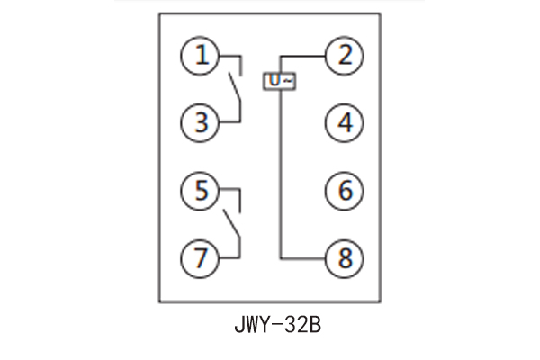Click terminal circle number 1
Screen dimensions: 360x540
pyautogui.click(x=202, y=56)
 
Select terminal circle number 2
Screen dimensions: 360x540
pyautogui.click(x=344, y=56)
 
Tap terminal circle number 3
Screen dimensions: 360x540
pyautogui.click(x=202, y=122)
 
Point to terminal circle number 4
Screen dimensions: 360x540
pyautogui.click(x=344, y=122)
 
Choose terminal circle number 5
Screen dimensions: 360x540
pyautogui.click(x=202, y=191)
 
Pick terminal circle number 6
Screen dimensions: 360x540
pyautogui.click(x=344, y=191)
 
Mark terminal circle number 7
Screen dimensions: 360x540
pyautogui.click(x=202, y=258)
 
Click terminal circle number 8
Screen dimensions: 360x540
pyautogui.click(x=344, y=258)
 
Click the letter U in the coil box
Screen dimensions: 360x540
pyautogui.click(x=274, y=81)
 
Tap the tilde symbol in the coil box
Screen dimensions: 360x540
pyautogui.click(x=286, y=81)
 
